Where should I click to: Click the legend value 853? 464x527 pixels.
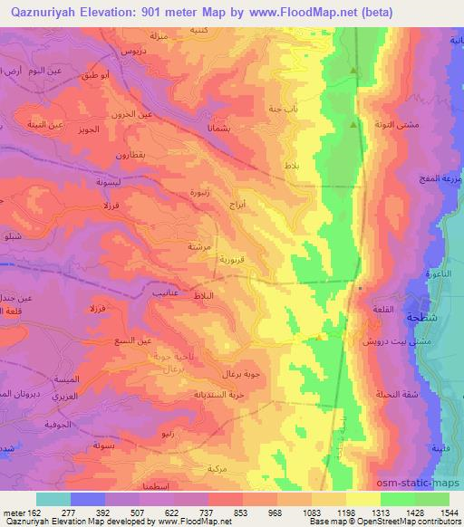pyautogui.click(x=214, y=512)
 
